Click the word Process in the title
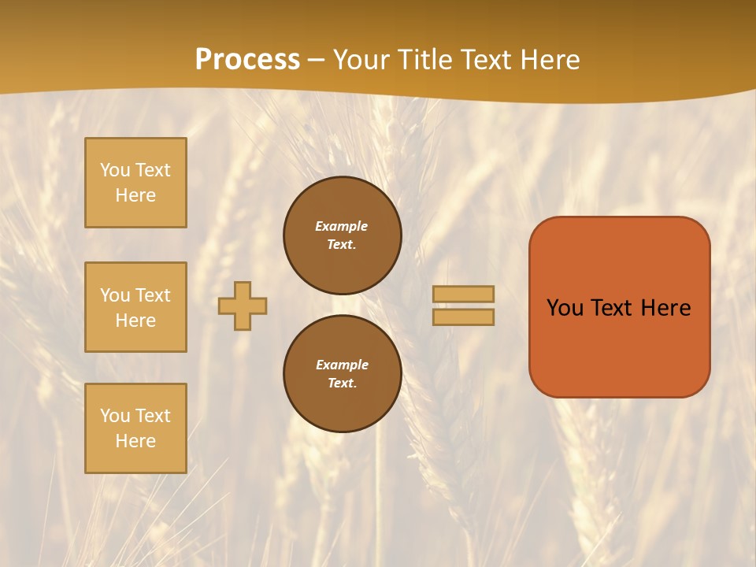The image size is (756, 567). [247, 60]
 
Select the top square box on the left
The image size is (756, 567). [135, 183]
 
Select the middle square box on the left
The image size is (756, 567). [135, 307]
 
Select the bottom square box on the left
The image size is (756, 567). [135, 428]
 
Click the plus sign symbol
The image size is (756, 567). [243, 306]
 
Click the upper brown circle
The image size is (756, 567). [343, 235]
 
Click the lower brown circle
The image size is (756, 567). [343, 373]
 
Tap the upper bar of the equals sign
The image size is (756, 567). [463, 294]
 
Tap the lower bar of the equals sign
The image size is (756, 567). [463, 317]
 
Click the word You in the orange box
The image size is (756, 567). [565, 308]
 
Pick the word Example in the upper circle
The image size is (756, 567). [342, 226]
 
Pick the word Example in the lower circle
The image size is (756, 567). [342, 365]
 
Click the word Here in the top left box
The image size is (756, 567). [135, 195]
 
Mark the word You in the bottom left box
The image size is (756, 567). [115, 416]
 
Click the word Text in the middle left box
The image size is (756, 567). [152, 295]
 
